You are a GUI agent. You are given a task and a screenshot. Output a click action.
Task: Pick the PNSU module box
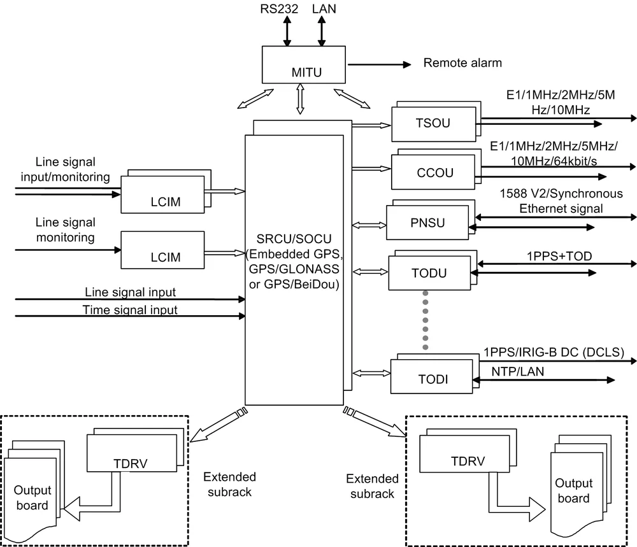coord(428,224)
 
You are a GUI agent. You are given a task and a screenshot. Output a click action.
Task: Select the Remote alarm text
coord(462,63)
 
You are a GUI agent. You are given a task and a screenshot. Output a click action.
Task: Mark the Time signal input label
coord(130,310)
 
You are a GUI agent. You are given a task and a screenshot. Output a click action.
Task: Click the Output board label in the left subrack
coord(32,499)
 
